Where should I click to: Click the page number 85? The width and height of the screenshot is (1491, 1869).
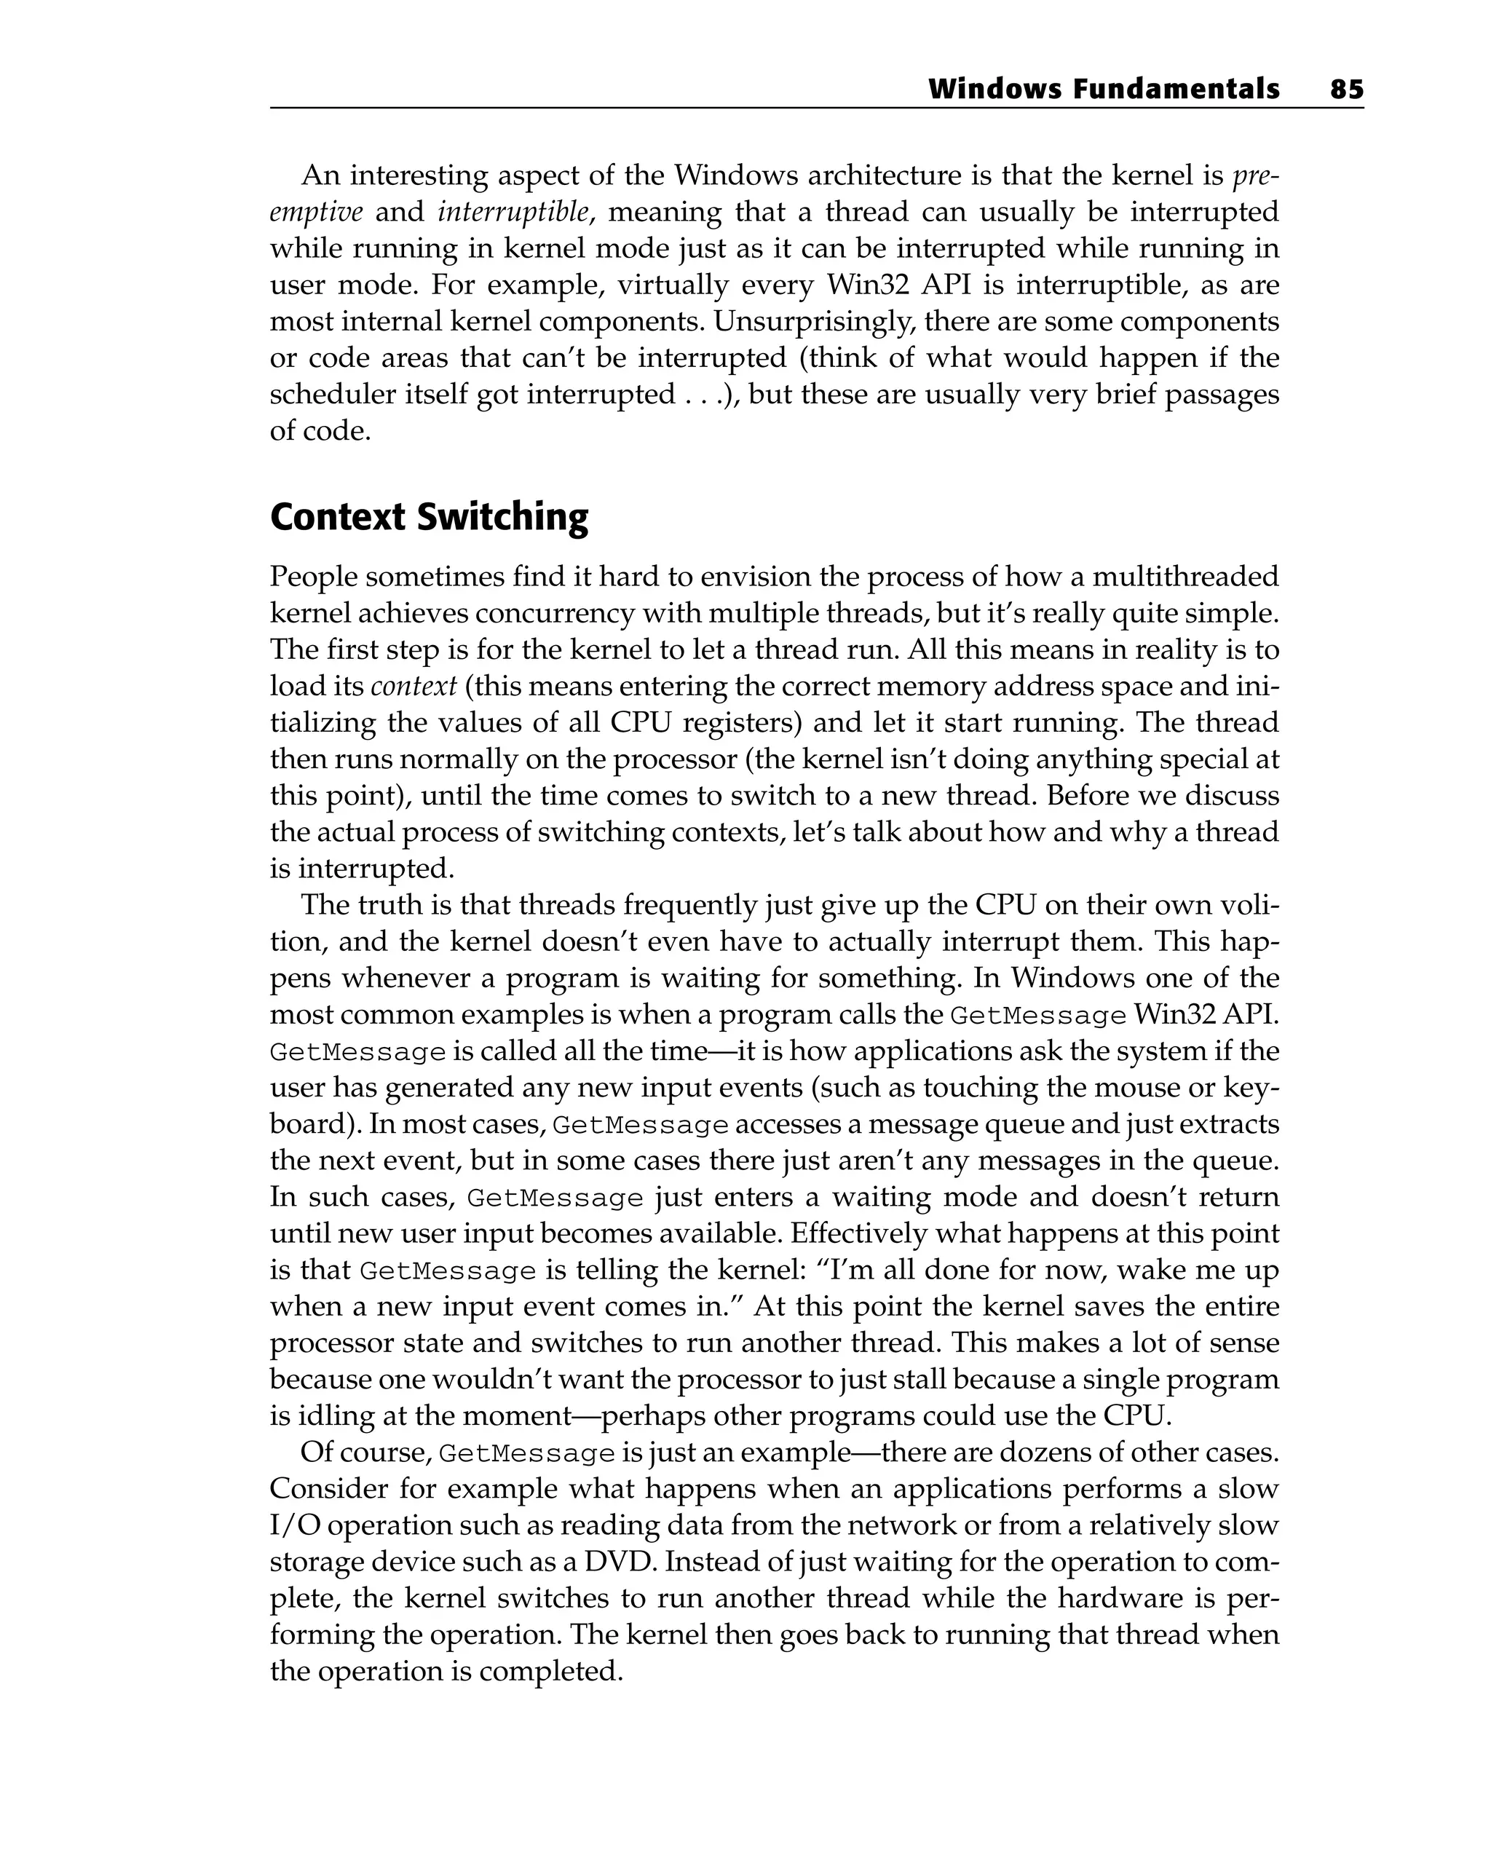click(x=1346, y=90)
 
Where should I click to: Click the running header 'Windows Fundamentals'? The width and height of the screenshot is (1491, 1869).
click(x=1103, y=90)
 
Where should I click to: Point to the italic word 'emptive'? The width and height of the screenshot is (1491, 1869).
click(x=315, y=213)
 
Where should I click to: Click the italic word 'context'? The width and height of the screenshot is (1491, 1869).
click(x=413, y=687)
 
